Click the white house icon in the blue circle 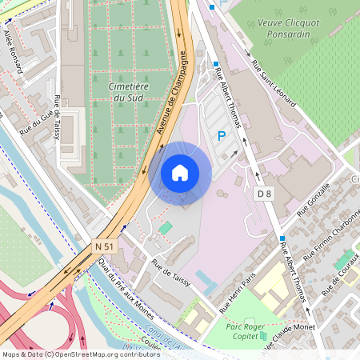(180, 173)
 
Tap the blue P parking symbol (222, 137)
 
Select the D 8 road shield (265, 193)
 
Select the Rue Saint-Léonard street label (274, 84)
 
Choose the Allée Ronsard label (14, 52)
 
